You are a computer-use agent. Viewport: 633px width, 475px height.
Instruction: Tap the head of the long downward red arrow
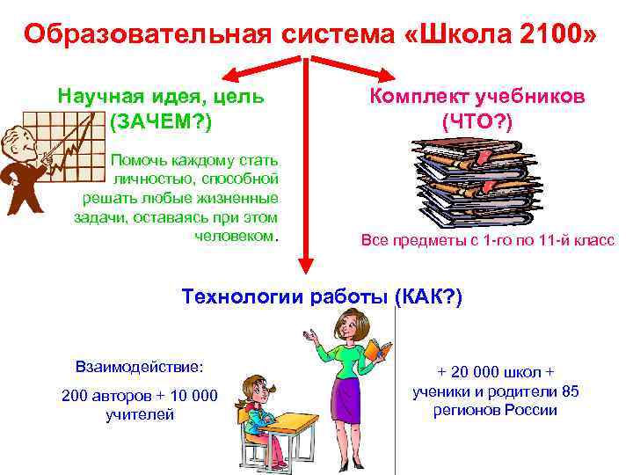coord(304,267)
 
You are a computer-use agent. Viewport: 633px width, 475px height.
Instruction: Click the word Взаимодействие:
coord(139,365)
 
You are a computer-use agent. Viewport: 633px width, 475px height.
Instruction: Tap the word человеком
coord(237,234)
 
